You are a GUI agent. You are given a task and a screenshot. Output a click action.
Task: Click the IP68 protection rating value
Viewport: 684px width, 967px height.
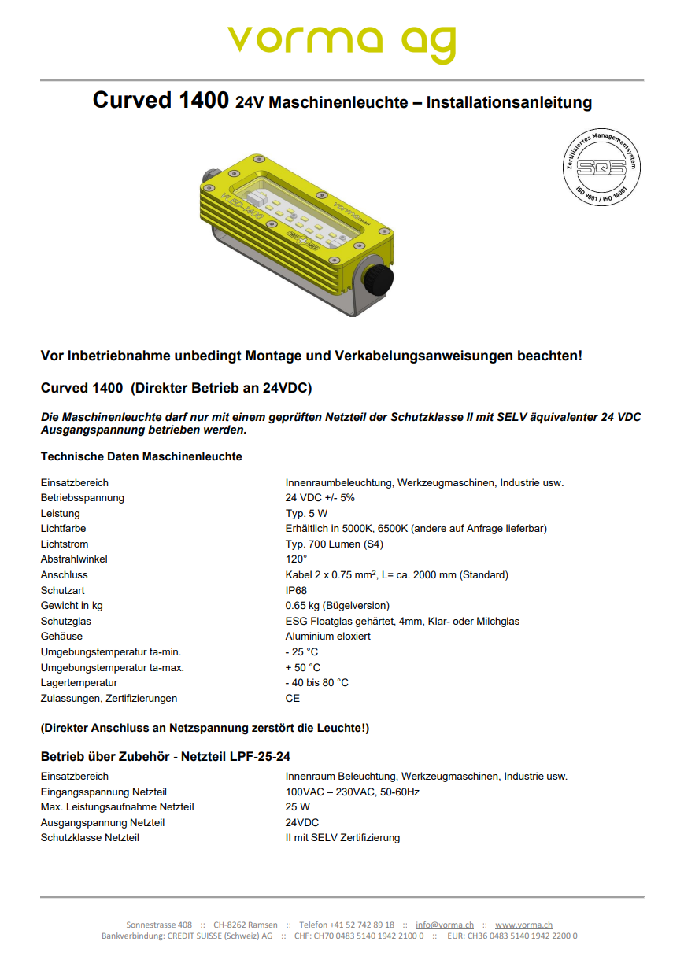tap(296, 590)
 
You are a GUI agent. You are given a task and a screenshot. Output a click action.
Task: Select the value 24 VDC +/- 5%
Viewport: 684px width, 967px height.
tap(320, 498)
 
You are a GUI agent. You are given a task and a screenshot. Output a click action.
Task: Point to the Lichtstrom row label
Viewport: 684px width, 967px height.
tap(65, 544)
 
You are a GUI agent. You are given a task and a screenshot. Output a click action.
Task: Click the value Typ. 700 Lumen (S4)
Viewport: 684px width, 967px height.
tap(334, 544)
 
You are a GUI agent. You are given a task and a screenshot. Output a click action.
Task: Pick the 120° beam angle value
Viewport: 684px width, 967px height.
tap(296, 559)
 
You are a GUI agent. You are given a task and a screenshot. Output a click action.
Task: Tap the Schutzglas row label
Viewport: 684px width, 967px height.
tap(66, 622)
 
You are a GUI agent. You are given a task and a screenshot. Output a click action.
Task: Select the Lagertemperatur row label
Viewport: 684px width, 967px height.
tap(79, 683)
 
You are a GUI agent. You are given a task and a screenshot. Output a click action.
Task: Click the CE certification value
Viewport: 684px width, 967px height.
tap(293, 699)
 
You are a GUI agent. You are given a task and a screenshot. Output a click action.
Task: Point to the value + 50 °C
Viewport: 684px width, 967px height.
tap(302, 668)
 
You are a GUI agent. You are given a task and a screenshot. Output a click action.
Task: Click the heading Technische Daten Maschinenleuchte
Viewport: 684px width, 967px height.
tap(141, 456)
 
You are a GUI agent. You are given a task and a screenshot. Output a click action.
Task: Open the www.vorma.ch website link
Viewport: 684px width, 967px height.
tap(523, 925)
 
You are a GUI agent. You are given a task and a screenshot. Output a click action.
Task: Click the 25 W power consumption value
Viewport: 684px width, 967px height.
tap(298, 807)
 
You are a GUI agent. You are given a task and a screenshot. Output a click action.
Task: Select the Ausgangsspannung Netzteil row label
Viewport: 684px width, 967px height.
tap(102, 823)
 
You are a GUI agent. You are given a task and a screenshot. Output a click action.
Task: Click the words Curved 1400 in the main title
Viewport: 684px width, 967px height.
tap(161, 101)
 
